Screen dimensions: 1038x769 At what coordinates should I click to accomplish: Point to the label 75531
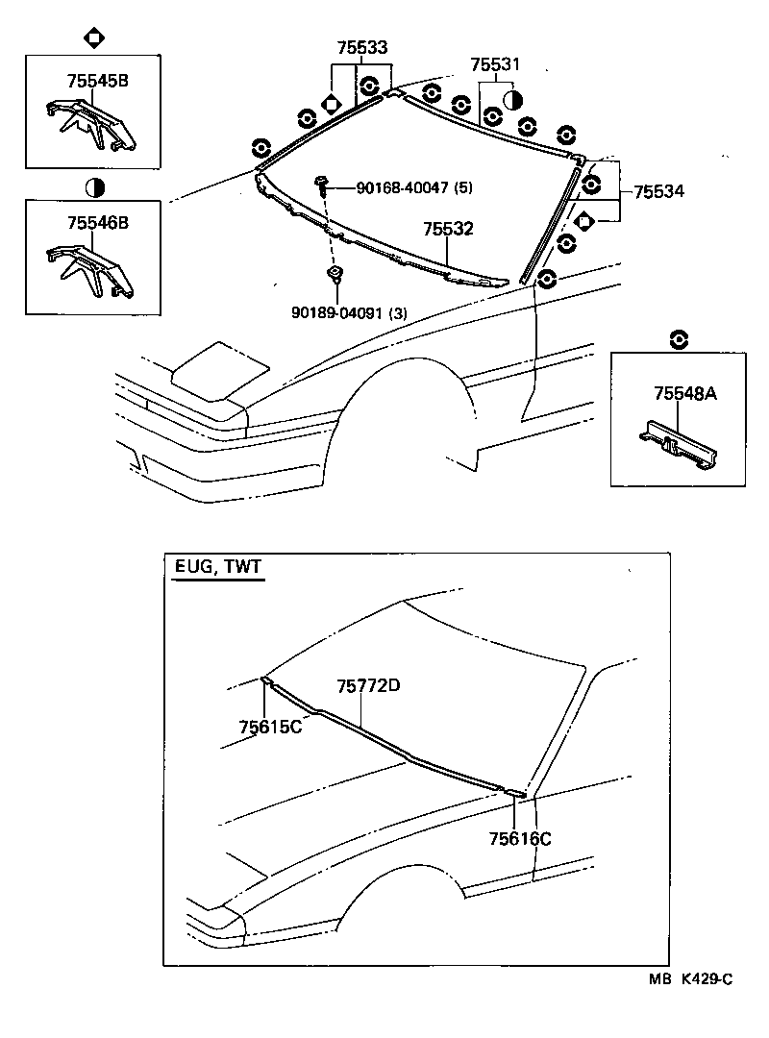click(495, 64)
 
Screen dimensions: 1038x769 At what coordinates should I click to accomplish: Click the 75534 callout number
click(658, 191)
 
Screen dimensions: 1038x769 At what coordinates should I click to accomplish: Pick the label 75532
click(449, 230)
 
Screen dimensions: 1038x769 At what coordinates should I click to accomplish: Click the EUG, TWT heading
click(217, 568)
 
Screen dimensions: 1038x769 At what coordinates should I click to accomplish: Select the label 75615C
click(271, 726)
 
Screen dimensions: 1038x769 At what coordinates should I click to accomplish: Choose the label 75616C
click(520, 839)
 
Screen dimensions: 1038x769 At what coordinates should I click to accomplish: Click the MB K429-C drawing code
click(690, 979)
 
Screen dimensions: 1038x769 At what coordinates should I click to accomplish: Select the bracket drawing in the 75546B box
click(90, 267)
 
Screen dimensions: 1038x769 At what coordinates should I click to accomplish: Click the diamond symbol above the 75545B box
click(94, 38)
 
